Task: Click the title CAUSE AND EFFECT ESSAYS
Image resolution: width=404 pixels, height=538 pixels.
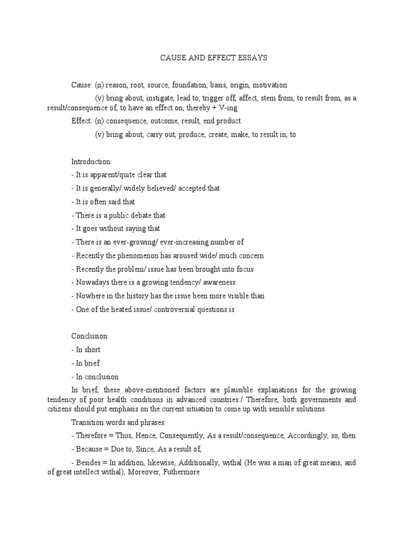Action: (x=214, y=58)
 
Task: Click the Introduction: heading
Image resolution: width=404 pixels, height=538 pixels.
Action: (x=91, y=161)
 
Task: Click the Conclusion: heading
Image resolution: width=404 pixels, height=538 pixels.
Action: (x=90, y=336)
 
